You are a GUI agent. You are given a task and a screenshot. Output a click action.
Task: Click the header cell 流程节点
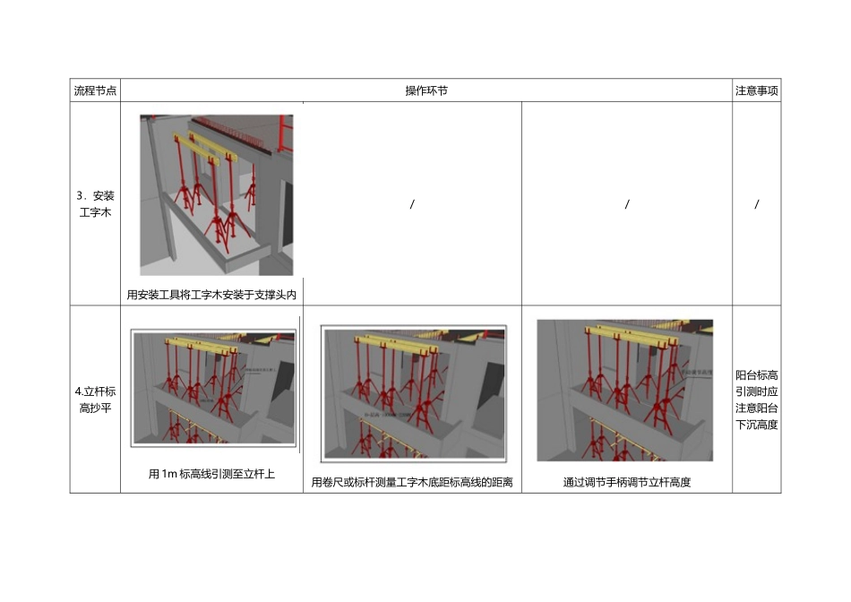[95, 90]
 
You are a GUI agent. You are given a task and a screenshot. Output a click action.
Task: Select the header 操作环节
[426, 90]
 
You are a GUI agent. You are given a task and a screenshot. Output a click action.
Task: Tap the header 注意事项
[756, 90]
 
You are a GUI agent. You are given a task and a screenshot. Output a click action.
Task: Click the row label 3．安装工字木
[95, 204]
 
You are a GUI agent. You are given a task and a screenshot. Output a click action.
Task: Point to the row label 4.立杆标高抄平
[95, 400]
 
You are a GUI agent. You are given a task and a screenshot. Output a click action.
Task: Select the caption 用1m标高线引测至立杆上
[211, 475]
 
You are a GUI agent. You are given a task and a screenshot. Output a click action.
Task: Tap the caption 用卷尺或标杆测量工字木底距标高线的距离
[412, 483]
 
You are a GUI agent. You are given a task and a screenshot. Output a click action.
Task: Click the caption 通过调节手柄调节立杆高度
[627, 483]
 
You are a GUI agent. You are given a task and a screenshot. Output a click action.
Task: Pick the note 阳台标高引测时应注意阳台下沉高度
[756, 400]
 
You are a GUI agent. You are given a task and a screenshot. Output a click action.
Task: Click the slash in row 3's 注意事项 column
[757, 204]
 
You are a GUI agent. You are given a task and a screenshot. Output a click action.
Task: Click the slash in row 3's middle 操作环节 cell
[412, 204]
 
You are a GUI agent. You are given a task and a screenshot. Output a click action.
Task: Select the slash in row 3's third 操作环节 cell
[627, 204]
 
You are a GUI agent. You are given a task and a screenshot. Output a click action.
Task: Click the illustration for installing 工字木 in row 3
[216, 194]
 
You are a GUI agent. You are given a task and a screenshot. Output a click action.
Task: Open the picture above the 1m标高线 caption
[214, 387]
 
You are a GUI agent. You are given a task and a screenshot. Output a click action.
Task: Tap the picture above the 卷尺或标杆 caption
[413, 392]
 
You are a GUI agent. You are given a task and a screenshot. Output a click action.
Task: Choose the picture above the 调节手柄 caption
[625, 390]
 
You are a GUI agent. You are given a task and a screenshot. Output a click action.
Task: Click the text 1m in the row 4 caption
[170, 475]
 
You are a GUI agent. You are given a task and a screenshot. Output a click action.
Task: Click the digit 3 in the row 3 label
[80, 195]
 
